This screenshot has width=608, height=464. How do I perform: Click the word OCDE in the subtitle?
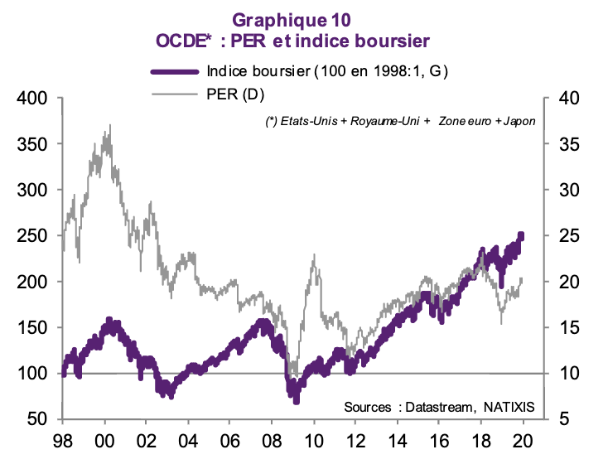click(x=178, y=39)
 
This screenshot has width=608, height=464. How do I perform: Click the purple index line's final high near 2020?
click(x=521, y=234)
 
